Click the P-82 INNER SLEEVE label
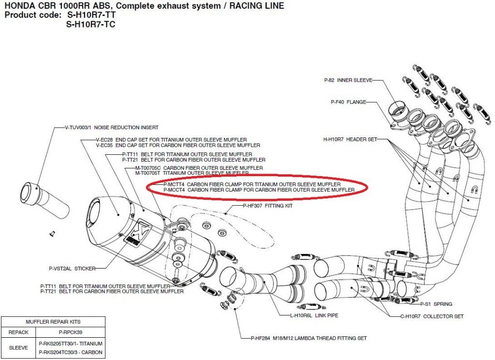click(348, 80)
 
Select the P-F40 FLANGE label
click(349, 102)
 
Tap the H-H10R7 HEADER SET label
click(350, 139)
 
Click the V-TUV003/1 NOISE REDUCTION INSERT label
click(111, 128)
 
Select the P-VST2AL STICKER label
click(72, 268)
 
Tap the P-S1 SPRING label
click(436, 304)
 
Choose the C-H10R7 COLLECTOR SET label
click(432, 316)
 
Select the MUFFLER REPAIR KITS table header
click(53, 321)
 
